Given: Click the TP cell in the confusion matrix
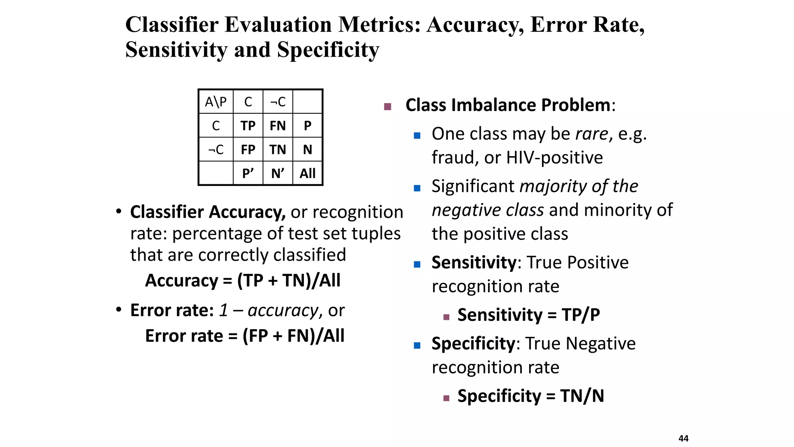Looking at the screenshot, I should pyautogui.click(x=248, y=126).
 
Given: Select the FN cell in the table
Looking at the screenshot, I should pyautogui.click(x=278, y=126).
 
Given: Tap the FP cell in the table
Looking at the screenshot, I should pyautogui.click(x=248, y=149).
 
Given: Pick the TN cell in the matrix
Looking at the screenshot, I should pyautogui.click(x=278, y=149).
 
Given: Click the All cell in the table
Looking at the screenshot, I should pyautogui.click(x=307, y=173).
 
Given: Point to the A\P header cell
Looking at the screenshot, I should pyautogui.click(x=216, y=102).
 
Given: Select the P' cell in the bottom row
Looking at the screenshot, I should pyautogui.click(x=248, y=173).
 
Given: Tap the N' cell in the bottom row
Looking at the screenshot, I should pyautogui.click(x=278, y=173).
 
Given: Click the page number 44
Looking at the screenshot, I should pyautogui.click(x=684, y=438).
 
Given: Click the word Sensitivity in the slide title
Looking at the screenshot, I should pyautogui.click(x=176, y=50).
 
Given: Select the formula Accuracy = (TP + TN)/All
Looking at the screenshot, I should pyautogui.click(x=243, y=280).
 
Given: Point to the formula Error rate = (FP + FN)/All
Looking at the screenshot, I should pyautogui.click(x=245, y=336).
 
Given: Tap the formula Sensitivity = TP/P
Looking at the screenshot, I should pyautogui.click(x=528, y=315).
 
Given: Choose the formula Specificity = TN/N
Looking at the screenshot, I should pyautogui.click(x=531, y=396).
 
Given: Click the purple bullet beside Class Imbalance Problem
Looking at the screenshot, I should pyautogui.click(x=387, y=106).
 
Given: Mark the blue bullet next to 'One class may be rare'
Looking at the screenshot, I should pyautogui.click(x=417, y=135).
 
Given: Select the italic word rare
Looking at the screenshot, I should pyautogui.click(x=592, y=134).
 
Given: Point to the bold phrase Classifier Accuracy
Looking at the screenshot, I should pyautogui.click(x=207, y=212).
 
